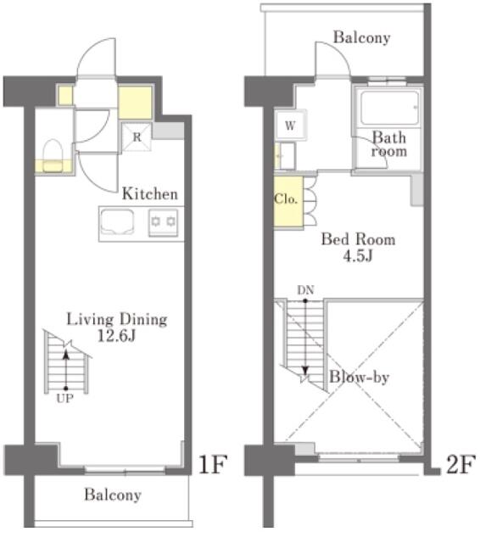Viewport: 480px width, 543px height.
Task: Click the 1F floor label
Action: coord(211,465)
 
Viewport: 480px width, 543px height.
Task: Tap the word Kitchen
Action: coord(150,194)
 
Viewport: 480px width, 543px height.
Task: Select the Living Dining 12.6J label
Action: coord(117,327)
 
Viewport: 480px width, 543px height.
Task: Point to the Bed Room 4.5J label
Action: coord(357,248)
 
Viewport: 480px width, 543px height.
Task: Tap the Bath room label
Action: coord(389,144)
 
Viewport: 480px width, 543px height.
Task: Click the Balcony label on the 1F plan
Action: coord(112,495)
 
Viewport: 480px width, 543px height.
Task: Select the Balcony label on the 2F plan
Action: coord(361,37)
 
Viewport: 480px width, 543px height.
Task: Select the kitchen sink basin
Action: coord(119,222)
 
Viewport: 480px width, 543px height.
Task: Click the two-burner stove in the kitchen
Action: coord(163,222)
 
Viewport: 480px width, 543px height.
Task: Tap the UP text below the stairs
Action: coord(64,394)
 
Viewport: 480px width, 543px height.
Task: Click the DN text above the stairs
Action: coord(305,290)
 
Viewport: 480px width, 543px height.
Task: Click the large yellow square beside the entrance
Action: coord(134,103)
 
